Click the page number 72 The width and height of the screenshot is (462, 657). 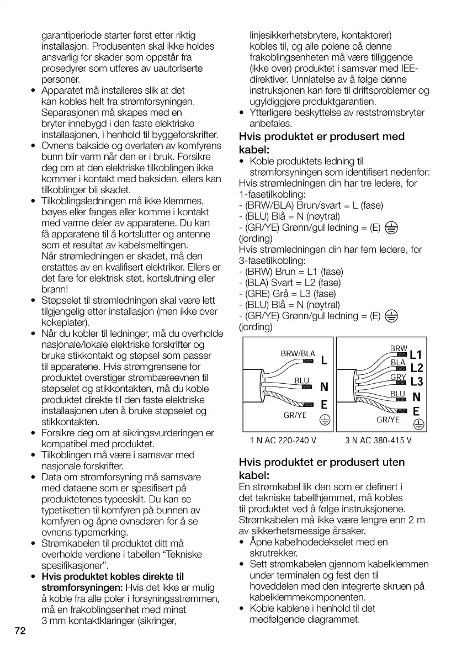[x=20, y=631]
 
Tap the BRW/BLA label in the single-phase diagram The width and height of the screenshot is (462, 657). [x=298, y=354]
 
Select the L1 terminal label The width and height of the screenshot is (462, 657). [x=416, y=355]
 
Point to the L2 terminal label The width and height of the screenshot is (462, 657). [x=416, y=368]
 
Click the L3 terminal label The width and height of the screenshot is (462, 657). [x=416, y=382]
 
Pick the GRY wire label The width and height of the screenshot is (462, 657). [x=398, y=378]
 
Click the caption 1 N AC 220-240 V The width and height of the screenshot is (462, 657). [x=283, y=441]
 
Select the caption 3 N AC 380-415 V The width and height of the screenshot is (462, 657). [x=379, y=441]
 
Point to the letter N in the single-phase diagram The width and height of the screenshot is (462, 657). [x=324, y=387]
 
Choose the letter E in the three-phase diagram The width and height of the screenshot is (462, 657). [x=416, y=411]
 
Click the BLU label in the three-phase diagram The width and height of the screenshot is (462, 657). [x=398, y=394]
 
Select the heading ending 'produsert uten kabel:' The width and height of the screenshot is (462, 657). [x=322, y=469]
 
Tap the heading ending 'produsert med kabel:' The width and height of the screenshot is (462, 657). [x=322, y=143]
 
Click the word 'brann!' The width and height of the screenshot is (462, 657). [x=55, y=289]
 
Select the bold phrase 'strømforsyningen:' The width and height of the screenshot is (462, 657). [x=83, y=587]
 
